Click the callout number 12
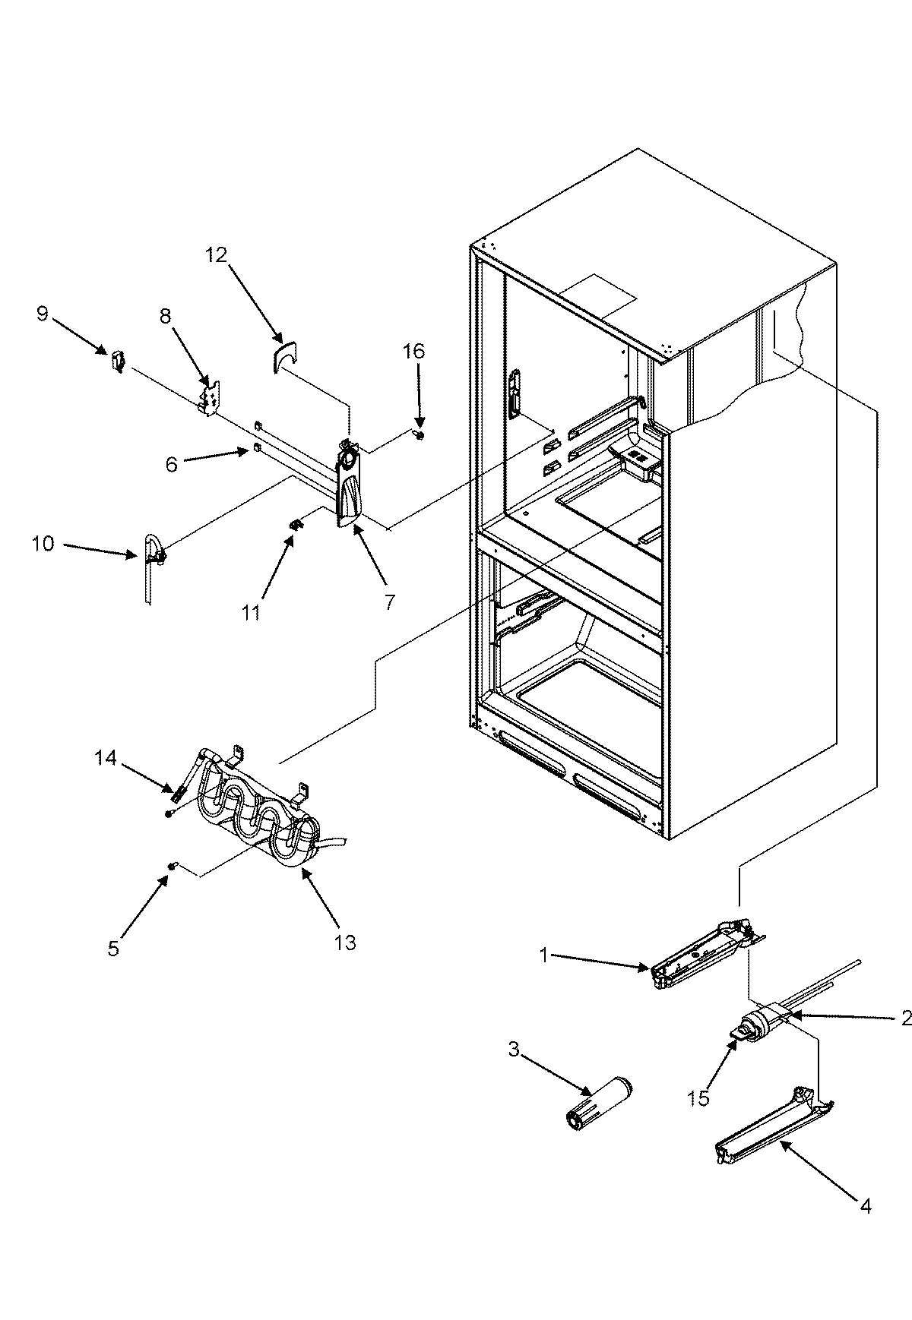click(216, 255)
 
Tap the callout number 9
click(42, 314)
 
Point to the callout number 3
click(515, 1050)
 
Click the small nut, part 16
click(419, 435)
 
